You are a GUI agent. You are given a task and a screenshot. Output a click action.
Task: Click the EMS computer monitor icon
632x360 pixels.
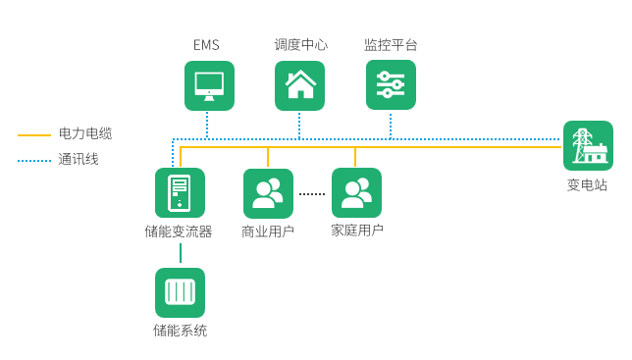209,85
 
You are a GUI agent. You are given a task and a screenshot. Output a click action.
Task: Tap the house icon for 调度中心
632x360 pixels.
299,85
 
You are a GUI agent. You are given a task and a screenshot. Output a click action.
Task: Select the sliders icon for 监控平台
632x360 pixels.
391,85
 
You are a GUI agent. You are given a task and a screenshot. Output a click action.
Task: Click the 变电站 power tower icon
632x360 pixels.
588,146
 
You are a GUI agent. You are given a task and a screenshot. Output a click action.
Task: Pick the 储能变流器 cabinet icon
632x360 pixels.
180,192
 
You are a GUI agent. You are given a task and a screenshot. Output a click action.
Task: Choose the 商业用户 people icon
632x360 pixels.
268,193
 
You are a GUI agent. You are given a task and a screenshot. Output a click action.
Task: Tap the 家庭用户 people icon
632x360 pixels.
356,192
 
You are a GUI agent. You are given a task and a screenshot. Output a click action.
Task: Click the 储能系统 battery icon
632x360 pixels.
180,292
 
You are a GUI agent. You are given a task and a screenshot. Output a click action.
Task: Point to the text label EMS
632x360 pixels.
207,45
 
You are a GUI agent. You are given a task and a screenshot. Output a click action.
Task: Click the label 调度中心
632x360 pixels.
300,45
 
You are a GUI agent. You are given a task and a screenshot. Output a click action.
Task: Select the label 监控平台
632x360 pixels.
391,45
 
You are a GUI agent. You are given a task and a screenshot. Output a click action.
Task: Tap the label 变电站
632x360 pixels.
587,183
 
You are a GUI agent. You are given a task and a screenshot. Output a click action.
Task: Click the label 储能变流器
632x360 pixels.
179,231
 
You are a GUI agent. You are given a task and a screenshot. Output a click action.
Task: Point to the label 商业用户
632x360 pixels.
268,231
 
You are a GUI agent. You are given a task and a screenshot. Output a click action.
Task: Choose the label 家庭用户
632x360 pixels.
356,231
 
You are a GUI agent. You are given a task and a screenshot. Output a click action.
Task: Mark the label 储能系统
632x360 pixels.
180,331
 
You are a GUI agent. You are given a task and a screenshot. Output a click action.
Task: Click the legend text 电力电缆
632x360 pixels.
85,133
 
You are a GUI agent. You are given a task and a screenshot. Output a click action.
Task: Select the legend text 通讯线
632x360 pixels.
79,159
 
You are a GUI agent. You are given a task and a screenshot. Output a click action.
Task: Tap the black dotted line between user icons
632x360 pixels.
312,193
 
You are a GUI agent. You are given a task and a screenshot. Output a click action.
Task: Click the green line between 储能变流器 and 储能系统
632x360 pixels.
180,252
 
